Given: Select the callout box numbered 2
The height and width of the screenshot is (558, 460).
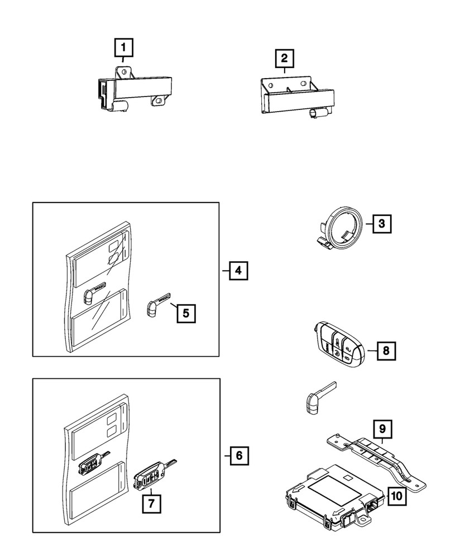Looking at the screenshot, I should pyautogui.click(x=284, y=57).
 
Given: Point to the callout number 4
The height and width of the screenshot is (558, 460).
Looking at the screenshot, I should pyautogui.click(x=238, y=272).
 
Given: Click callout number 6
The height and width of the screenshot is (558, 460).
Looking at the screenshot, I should pyautogui.click(x=238, y=456).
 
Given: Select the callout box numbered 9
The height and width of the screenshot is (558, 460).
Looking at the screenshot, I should pyautogui.click(x=382, y=429).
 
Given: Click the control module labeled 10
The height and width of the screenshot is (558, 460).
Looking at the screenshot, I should pyautogui.click(x=329, y=491).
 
